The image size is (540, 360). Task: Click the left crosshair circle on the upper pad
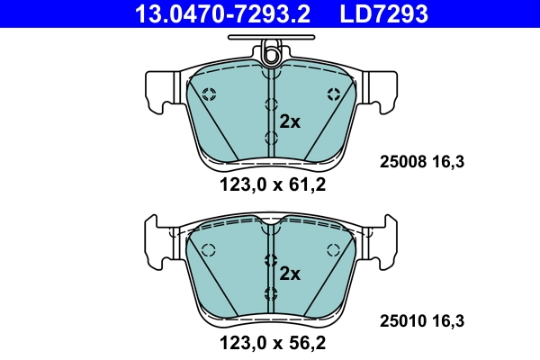(209, 94)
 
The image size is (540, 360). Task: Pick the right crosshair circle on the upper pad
(335, 94)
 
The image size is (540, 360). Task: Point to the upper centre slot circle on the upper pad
(271, 104)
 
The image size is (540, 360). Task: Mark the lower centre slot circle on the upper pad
(271, 137)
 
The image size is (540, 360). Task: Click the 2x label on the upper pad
(290, 122)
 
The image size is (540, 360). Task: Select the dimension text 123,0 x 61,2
(271, 185)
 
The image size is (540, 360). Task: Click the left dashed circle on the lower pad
(209, 250)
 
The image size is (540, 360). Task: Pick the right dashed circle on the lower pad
(335, 250)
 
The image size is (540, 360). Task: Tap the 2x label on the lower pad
(290, 274)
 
